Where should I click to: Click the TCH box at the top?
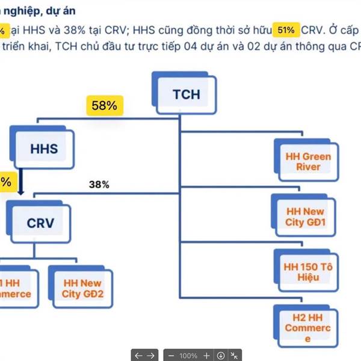(x=185, y=94)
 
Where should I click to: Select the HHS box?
(x=44, y=148)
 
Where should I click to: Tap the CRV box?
(x=40, y=223)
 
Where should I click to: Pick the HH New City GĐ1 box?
(x=304, y=217)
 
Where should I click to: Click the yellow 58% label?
(x=104, y=106)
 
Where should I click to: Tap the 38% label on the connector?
(x=99, y=185)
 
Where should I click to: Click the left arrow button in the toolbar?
(x=138, y=355)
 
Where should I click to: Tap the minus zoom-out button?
(x=171, y=355)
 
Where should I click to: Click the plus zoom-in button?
(x=207, y=355)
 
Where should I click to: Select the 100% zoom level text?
(x=188, y=355)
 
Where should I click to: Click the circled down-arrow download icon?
(x=221, y=355)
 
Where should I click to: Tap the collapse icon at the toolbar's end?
(x=235, y=355)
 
